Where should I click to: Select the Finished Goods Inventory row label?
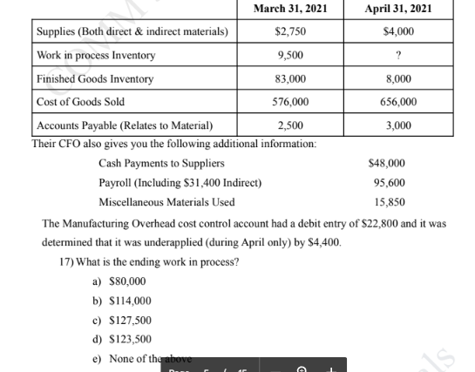tap(95, 79)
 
